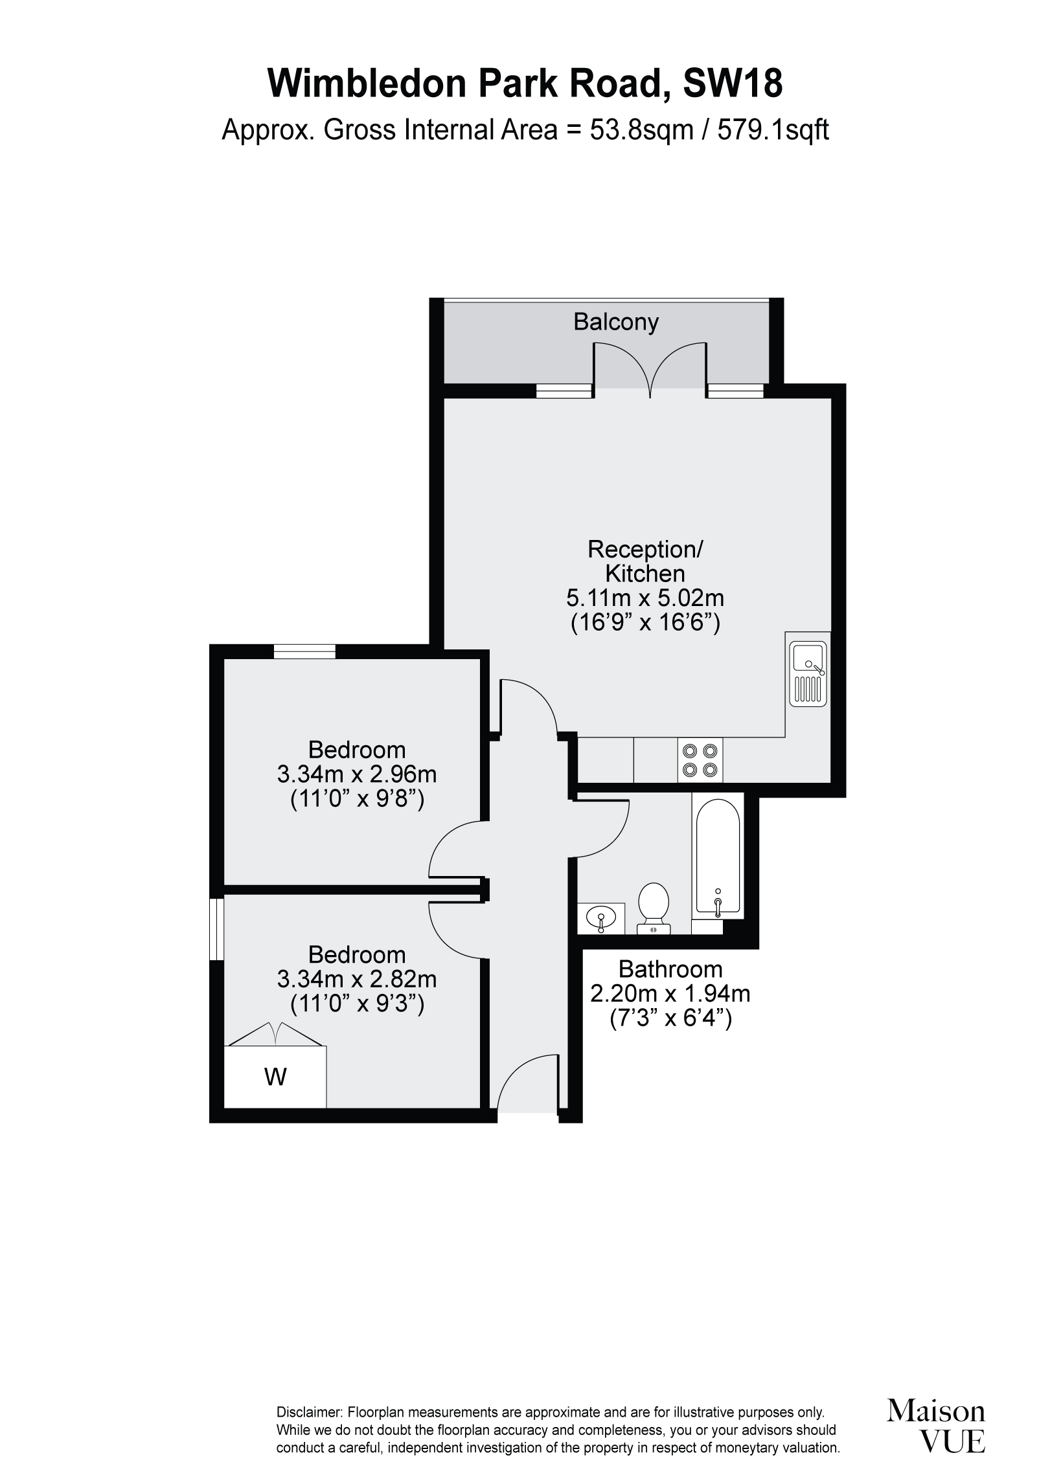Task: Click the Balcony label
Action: pos(615,322)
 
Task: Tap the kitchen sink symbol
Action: pos(808,673)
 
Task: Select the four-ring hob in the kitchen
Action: pos(700,760)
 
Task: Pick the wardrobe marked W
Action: pos(275,1076)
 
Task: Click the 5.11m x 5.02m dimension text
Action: pos(645,598)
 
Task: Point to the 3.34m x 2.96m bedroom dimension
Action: pos(357,774)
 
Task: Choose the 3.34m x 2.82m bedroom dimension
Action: pos(357,979)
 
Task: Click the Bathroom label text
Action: pos(670,969)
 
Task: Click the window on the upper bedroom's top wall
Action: pos(304,651)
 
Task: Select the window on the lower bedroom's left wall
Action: pos(217,928)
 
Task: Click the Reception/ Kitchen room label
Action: pos(645,561)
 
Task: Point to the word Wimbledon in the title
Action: pos(370,84)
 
